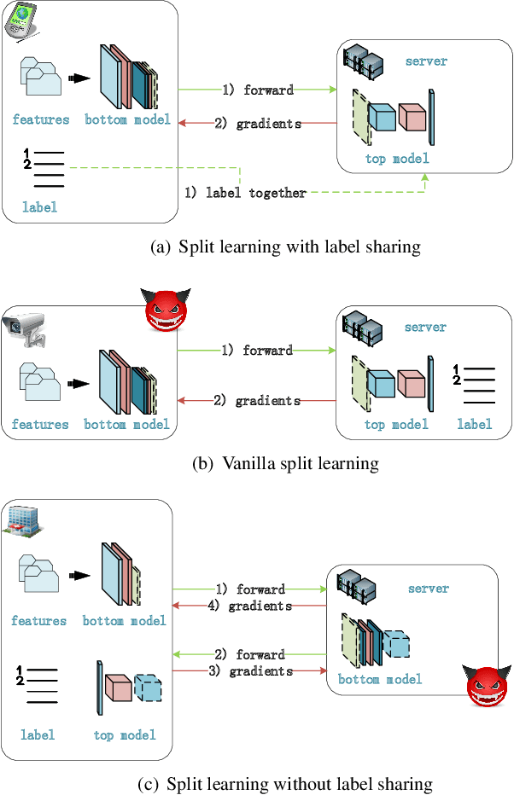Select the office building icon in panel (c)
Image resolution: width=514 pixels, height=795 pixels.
click(21, 519)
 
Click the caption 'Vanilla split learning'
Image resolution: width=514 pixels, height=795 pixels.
click(287, 464)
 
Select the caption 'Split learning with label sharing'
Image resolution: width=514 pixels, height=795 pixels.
click(285, 248)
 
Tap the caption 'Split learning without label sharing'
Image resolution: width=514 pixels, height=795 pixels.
click(287, 784)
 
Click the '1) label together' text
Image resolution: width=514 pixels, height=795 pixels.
click(246, 193)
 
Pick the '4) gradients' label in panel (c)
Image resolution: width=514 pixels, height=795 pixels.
click(250, 606)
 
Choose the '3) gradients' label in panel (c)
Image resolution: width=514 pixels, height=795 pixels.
click(250, 670)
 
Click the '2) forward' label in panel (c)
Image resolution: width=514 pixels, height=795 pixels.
click(250, 654)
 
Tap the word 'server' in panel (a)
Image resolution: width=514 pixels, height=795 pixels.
click(426, 61)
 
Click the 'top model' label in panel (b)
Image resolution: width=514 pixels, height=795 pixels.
click(396, 424)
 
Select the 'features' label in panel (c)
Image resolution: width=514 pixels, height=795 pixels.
click(38, 620)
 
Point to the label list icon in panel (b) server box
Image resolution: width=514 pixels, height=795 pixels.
click(473, 385)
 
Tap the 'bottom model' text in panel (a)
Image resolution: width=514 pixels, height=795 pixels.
click(127, 119)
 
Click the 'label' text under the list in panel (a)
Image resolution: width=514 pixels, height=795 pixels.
click(39, 206)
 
